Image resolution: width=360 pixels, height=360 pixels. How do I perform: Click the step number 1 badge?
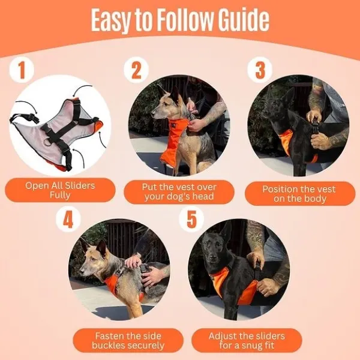[22, 70]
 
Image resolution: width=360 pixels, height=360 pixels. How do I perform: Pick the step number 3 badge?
[259, 70]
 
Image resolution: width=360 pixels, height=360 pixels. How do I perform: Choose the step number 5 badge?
[191, 219]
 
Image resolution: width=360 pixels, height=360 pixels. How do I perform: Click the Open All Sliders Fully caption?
[60, 190]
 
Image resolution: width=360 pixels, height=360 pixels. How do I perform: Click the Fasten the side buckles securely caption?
[120, 340]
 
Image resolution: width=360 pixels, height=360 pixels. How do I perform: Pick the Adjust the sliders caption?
[247, 340]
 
